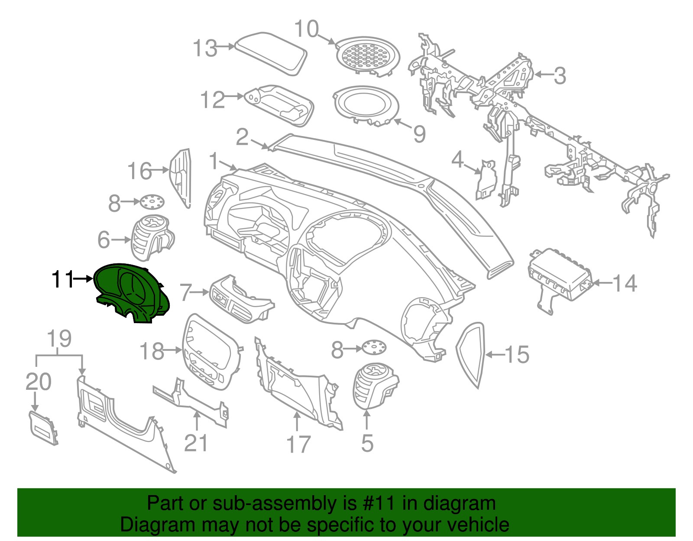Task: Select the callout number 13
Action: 205,48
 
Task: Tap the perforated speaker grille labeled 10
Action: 367,55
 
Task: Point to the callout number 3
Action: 560,76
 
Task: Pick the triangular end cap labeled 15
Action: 471,353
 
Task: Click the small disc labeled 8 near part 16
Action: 152,201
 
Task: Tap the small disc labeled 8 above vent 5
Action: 374,348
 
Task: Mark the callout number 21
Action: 196,443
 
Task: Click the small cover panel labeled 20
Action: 43,428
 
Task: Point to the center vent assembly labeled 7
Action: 240,299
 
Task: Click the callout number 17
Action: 298,444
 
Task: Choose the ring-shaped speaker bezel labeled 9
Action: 366,104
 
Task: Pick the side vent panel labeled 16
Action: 181,178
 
